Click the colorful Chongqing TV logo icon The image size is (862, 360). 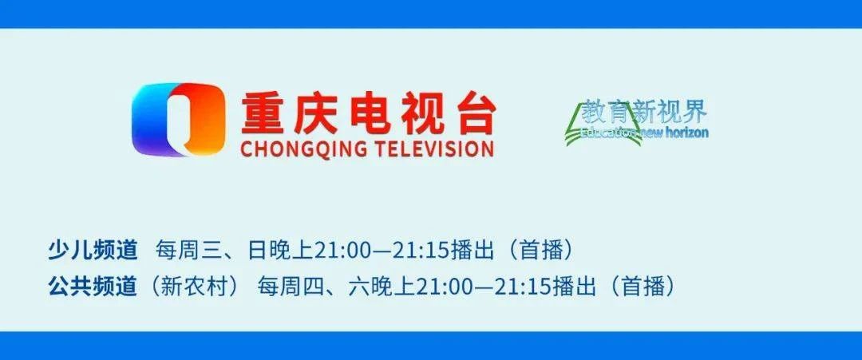177,120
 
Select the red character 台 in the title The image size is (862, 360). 471,113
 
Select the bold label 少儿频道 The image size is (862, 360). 93,250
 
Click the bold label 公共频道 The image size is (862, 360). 93,286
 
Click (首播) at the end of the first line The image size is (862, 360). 541,250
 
